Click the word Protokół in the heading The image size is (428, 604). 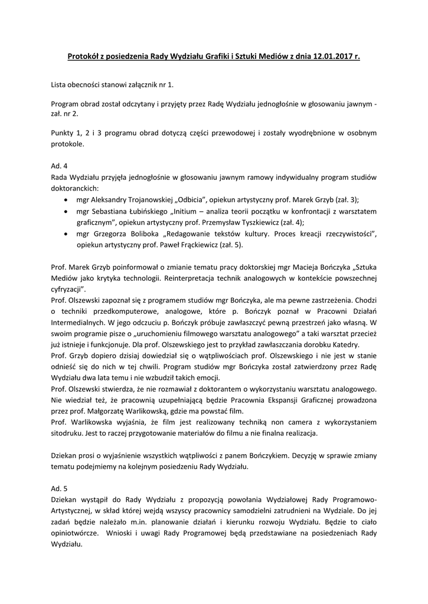[84, 57]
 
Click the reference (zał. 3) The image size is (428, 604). [347, 199]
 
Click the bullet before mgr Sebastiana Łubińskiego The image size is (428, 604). [64, 211]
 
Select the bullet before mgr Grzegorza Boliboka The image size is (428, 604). [64, 234]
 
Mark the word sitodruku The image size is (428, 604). [70, 434]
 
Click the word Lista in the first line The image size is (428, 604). [60, 86]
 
